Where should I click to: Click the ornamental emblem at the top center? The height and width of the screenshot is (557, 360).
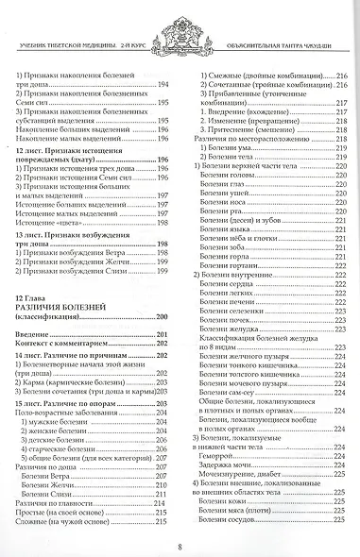coord(180,21)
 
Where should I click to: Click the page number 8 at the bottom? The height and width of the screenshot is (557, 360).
coord(180,543)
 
